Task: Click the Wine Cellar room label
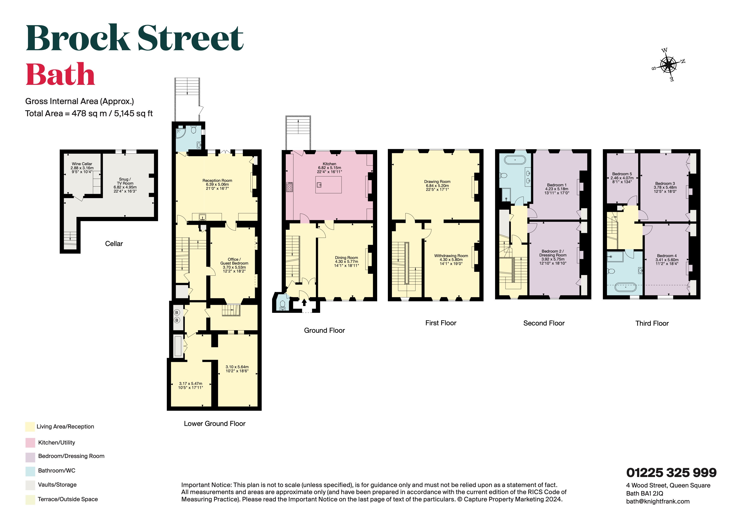(x=82, y=168)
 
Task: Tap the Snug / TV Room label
(x=125, y=185)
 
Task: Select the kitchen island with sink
(x=328, y=185)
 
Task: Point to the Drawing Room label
(x=437, y=185)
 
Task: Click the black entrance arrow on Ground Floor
(x=304, y=303)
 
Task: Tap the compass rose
(x=668, y=65)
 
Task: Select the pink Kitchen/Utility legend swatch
(x=30, y=443)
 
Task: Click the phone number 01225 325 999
(x=671, y=473)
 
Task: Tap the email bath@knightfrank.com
(x=658, y=502)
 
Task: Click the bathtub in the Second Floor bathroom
(x=515, y=160)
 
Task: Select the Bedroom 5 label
(x=622, y=178)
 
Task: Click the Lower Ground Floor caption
(x=214, y=424)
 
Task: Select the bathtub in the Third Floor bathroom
(x=625, y=287)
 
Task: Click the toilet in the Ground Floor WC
(x=283, y=304)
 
